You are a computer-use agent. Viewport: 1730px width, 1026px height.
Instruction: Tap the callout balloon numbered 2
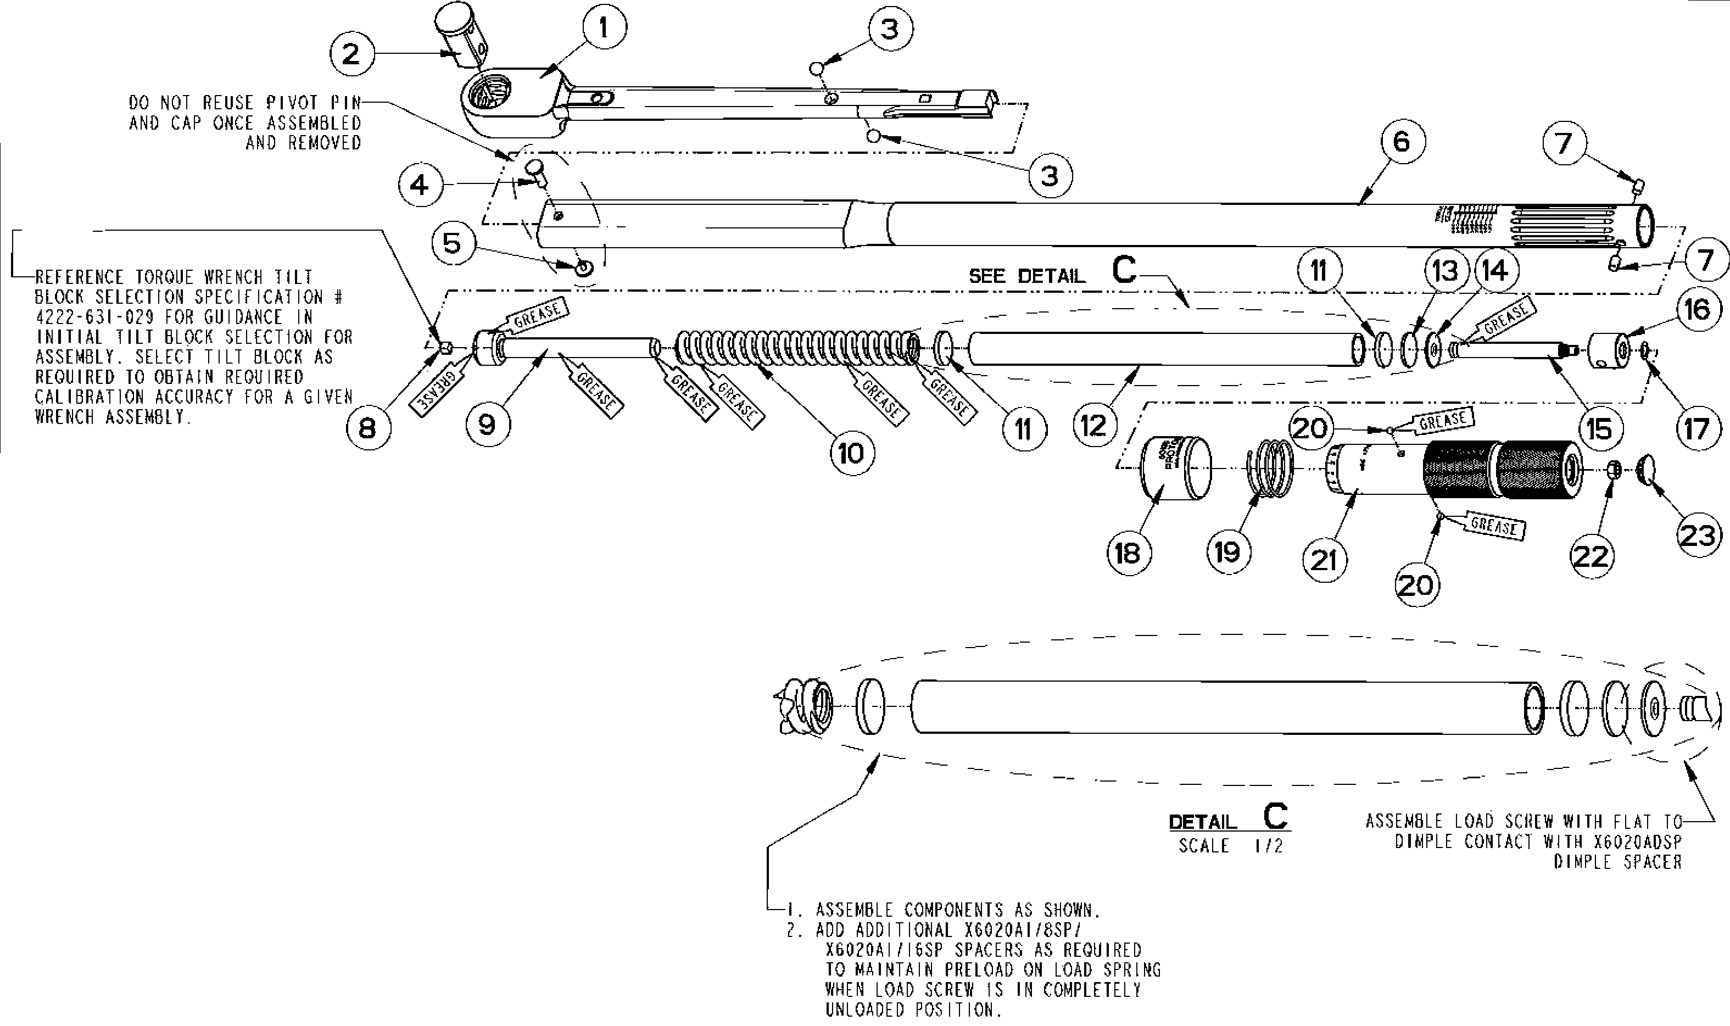point(351,53)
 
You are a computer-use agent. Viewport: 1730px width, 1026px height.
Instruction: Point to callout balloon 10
point(851,454)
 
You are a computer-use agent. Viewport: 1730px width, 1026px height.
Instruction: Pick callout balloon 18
point(1128,553)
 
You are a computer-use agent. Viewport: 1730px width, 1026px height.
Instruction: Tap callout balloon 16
point(1698,310)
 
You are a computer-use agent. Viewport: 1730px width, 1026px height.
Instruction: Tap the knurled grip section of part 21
point(1500,470)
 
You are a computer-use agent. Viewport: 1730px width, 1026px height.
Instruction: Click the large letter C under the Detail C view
point(1275,817)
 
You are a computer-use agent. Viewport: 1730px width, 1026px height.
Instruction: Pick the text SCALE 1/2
point(1231,846)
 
